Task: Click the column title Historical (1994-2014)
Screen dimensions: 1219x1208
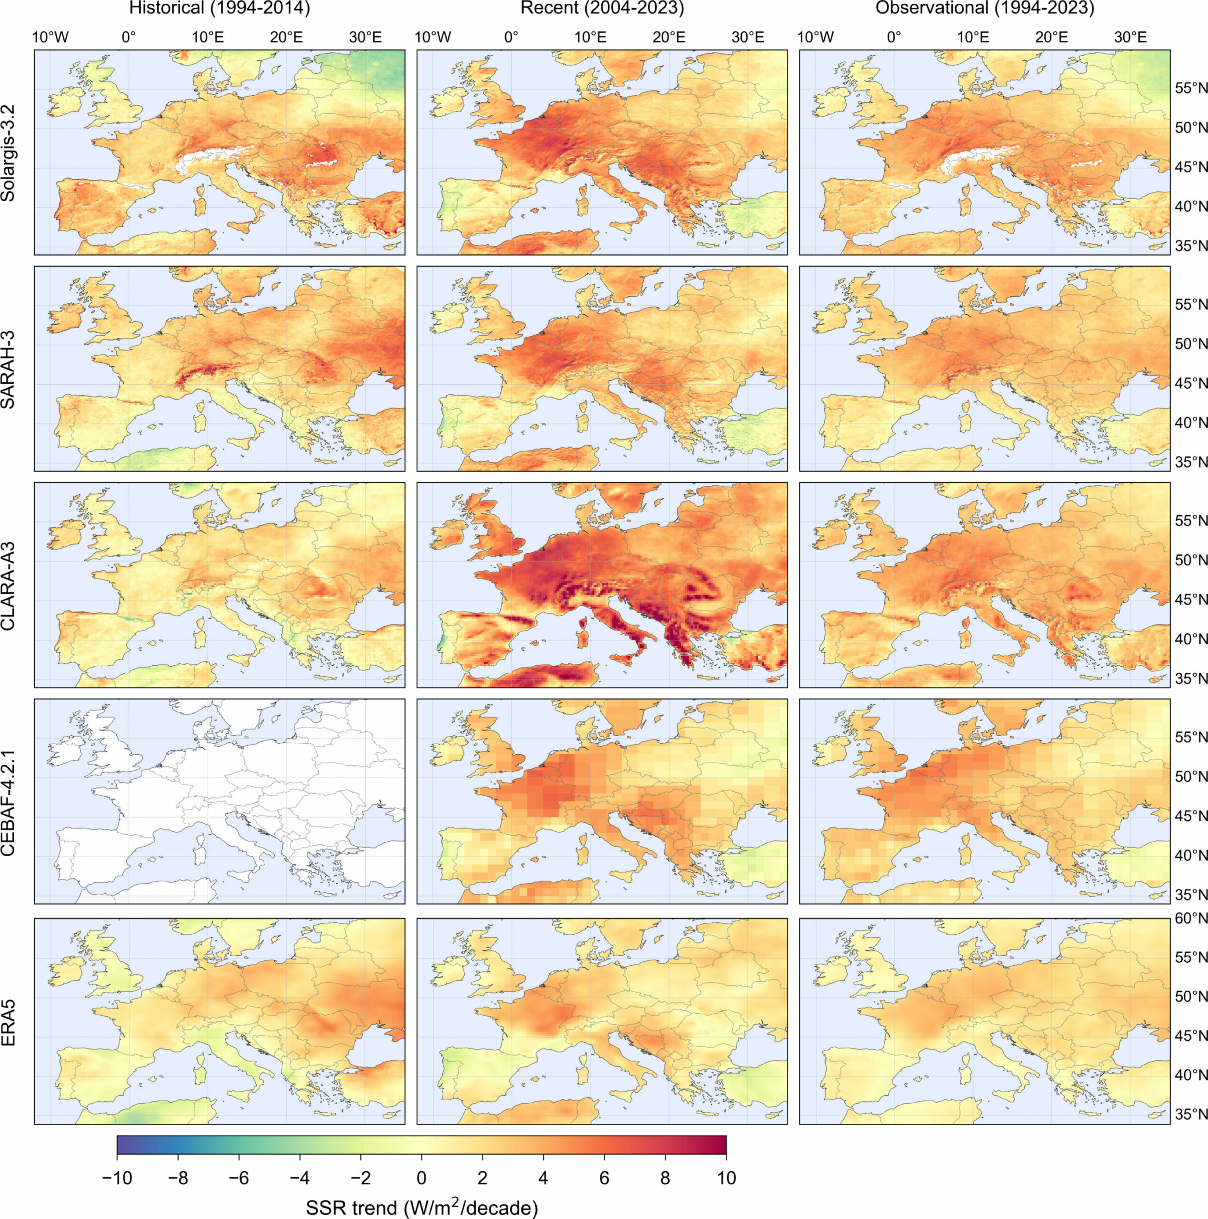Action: coord(219,9)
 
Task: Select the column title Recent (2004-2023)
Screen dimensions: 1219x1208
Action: coord(602,9)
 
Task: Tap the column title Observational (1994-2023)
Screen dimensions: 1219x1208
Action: coord(985,9)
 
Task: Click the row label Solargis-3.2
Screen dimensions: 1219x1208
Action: coord(9,153)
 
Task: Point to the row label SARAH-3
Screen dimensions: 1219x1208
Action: coord(9,369)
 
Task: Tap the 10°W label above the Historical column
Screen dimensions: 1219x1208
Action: coord(50,37)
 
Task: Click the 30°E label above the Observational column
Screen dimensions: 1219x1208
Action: coord(1130,37)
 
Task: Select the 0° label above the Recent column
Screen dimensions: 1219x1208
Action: coord(511,37)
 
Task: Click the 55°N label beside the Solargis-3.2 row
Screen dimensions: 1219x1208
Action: coord(1190,89)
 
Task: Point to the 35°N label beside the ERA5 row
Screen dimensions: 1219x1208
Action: coord(1190,1115)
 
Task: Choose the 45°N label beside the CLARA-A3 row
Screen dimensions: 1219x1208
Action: coord(1190,600)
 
